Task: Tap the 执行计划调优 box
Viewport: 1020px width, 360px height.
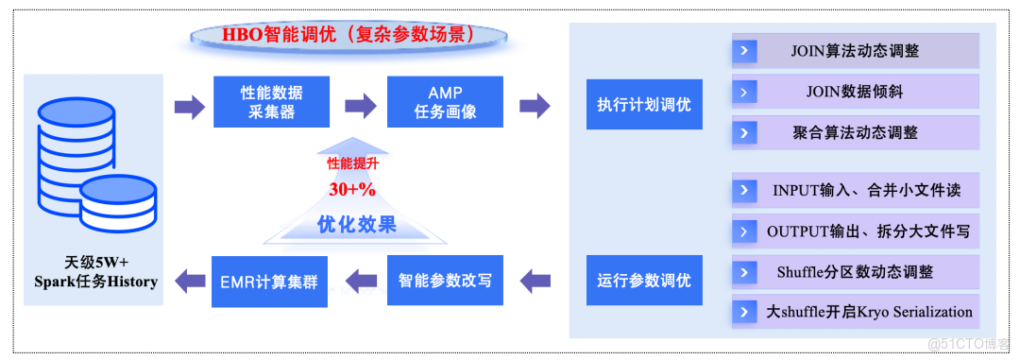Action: coord(643,105)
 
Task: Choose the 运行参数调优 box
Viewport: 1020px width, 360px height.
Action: coord(643,281)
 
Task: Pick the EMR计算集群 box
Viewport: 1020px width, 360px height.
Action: coord(270,281)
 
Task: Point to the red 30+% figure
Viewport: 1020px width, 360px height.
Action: coord(352,189)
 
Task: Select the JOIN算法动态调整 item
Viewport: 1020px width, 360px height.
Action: coord(855,51)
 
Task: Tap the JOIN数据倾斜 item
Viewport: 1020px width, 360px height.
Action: coord(855,93)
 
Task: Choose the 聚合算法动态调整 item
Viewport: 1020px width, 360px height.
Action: coord(855,133)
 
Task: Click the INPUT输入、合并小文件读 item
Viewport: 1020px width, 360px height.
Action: coord(855,190)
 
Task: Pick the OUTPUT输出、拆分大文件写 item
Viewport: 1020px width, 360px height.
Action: coord(855,231)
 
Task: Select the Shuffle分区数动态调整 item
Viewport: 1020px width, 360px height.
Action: coord(855,271)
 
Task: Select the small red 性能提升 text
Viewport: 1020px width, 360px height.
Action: coord(351,163)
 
